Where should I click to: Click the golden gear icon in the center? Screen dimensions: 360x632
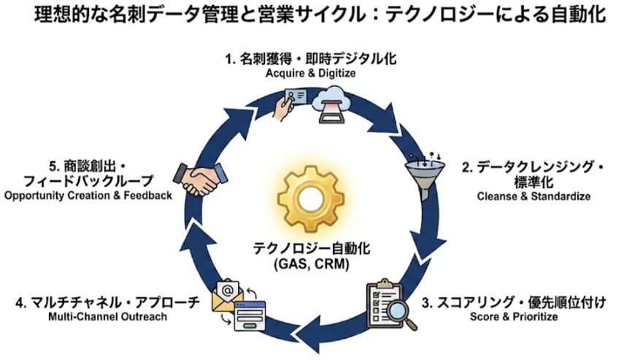[316, 200]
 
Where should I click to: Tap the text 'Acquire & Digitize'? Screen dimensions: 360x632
[316, 74]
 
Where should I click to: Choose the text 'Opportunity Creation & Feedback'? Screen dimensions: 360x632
[88, 196]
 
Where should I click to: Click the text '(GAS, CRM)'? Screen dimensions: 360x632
[316, 264]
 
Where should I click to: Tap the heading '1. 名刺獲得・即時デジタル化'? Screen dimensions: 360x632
[316, 60]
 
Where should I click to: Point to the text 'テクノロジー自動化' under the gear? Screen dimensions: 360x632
[316, 248]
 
